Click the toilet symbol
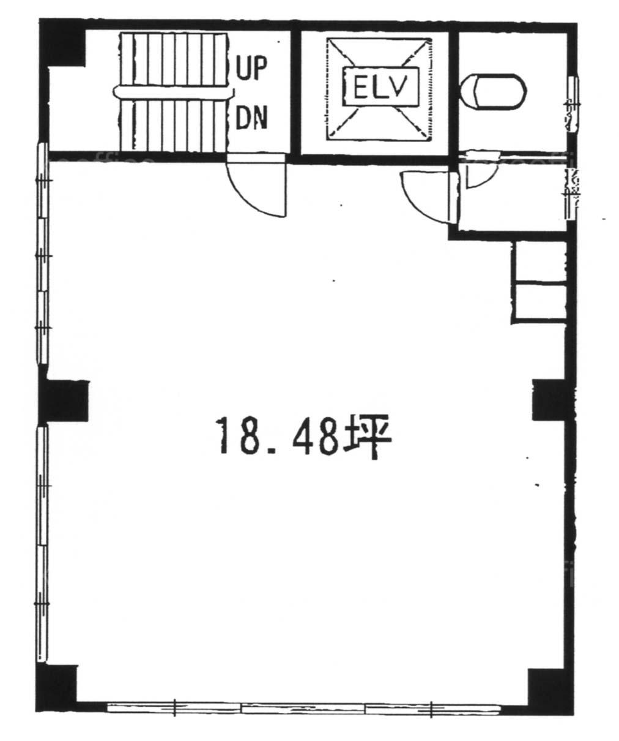(495, 92)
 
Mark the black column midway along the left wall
(64, 401)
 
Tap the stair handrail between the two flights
(174, 92)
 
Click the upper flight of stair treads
(174, 59)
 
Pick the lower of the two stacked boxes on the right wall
(539, 301)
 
